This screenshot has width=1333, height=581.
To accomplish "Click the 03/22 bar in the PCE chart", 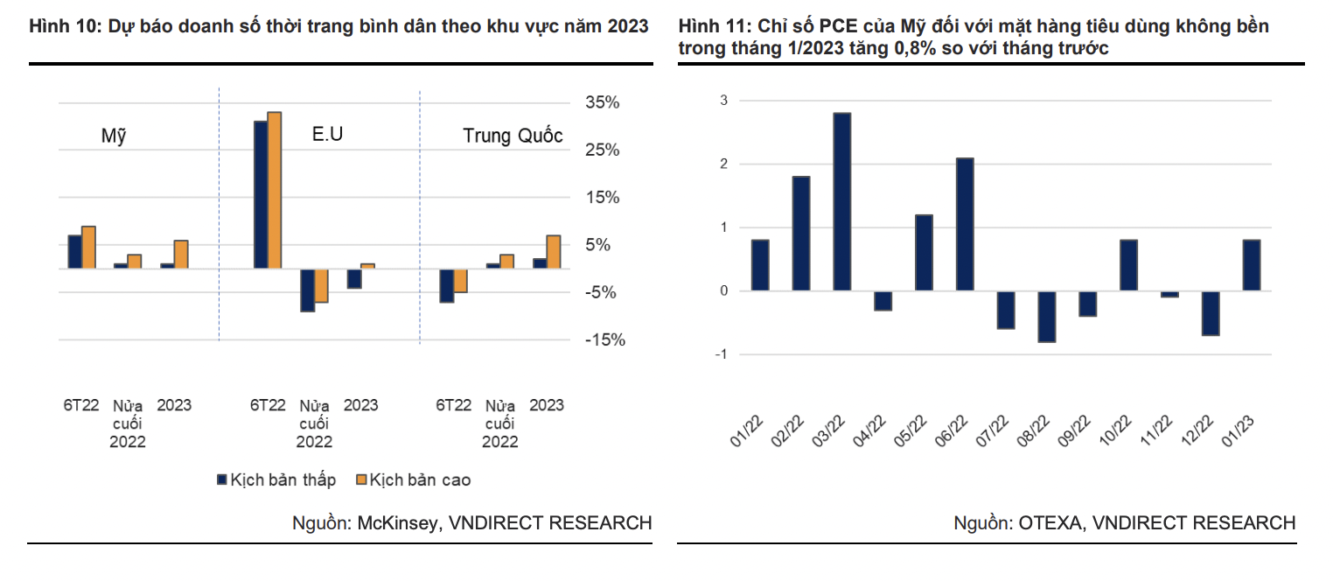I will [x=841, y=201].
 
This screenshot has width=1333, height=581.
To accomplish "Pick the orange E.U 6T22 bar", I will [x=275, y=190].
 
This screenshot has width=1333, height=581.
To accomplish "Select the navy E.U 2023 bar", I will [x=353, y=277].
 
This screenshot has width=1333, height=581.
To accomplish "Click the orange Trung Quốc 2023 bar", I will [x=553, y=251].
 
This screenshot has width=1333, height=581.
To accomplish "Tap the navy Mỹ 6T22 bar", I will [x=74, y=251].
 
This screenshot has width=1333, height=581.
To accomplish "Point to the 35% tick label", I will [x=602, y=103].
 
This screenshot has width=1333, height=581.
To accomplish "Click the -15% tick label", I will [x=604, y=340].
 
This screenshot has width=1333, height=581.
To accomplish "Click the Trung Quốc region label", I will [x=513, y=136].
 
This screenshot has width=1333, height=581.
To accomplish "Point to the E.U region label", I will [x=328, y=135].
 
